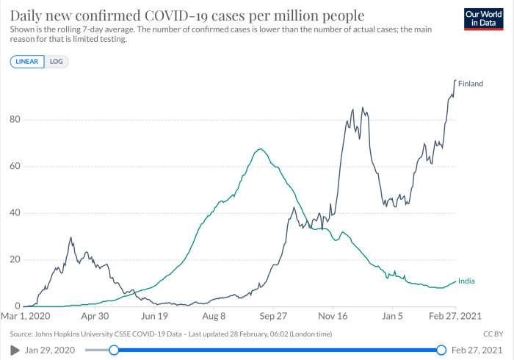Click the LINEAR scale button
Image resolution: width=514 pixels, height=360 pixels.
click(27, 62)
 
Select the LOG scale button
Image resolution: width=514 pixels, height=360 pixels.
click(57, 62)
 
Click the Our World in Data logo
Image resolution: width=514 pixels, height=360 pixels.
click(483, 19)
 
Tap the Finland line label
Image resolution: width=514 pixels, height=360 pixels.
click(471, 84)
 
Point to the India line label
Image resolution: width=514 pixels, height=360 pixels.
click(466, 281)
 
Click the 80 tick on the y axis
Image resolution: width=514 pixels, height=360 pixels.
click(15, 119)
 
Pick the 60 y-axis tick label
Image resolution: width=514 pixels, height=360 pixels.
click(15, 166)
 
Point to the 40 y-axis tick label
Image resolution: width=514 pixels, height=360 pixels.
click(15, 213)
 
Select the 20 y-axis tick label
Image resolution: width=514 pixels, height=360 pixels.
click(15, 259)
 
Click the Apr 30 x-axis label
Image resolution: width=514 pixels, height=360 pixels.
click(95, 316)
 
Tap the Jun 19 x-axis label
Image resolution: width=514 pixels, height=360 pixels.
click(154, 316)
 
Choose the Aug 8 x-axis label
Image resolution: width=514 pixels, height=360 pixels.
click(214, 316)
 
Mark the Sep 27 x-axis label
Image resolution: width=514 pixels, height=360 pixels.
click(273, 316)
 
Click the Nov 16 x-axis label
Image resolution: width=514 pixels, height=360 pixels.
click(333, 316)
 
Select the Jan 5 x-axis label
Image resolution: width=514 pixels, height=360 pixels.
click(392, 316)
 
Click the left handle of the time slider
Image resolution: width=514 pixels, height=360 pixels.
click(114, 350)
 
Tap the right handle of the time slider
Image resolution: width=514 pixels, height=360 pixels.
click(441, 350)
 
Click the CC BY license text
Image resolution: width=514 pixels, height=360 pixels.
click(493, 334)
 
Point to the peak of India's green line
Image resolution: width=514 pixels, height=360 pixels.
click(260, 149)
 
